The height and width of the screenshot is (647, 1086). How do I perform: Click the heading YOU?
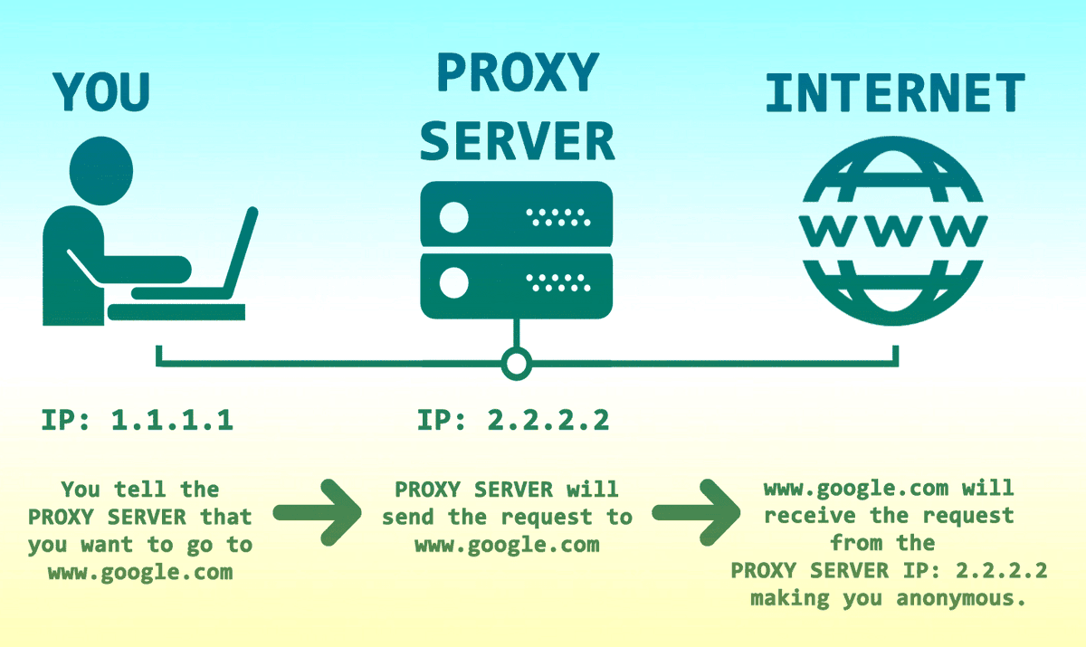point(101,90)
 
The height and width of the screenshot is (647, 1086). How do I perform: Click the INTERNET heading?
point(894,93)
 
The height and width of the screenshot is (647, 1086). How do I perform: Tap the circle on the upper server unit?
point(453,217)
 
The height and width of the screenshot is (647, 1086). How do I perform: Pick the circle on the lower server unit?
point(453,284)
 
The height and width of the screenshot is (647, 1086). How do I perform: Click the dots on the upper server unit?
point(557,217)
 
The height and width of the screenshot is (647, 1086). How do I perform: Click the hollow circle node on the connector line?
point(516,365)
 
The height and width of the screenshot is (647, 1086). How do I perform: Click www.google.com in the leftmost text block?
point(140,573)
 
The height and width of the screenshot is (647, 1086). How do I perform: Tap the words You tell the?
point(140,490)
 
